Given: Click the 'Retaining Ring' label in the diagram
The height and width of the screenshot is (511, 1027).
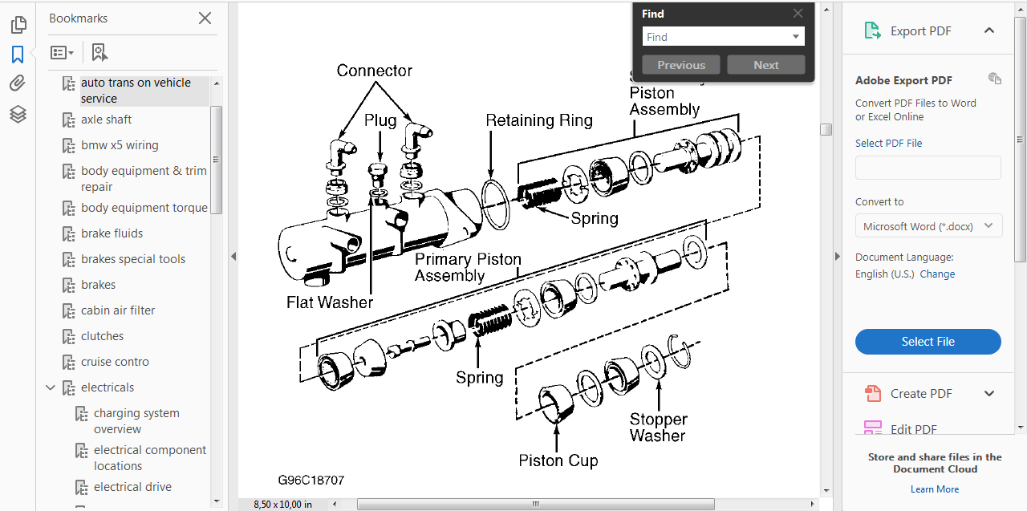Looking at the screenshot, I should (539, 121).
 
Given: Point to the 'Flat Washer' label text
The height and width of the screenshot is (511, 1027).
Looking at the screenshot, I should (330, 302).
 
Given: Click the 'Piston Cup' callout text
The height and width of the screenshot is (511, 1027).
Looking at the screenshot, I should (558, 460).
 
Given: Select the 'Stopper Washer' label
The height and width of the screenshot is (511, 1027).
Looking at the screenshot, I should (658, 428).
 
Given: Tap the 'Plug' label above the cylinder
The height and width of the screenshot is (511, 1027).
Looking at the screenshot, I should (380, 120).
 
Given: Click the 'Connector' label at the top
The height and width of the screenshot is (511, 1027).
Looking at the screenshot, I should (375, 71).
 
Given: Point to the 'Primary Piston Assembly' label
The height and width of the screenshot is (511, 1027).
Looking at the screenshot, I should (468, 268).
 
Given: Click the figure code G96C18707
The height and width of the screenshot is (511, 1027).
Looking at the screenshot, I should (311, 481).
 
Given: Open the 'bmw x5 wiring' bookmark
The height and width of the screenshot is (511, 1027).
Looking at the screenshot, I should (120, 145).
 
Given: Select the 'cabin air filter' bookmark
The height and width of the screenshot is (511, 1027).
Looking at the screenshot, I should (118, 310).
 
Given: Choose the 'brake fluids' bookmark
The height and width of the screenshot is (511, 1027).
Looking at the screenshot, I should (112, 233).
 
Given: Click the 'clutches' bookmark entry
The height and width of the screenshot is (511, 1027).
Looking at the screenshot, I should (102, 336).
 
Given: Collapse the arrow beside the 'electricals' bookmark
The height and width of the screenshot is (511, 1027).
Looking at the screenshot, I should (51, 387).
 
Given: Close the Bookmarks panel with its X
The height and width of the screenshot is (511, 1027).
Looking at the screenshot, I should (205, 18).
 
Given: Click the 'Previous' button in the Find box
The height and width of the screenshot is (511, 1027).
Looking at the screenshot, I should (681, 65).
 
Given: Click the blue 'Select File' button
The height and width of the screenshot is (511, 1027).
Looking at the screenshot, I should (928, 342).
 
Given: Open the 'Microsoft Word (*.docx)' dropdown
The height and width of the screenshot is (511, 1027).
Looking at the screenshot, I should (928, 226).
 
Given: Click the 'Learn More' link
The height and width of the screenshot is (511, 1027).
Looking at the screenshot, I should (935, 489).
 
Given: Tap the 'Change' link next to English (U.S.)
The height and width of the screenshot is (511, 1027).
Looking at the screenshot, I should (937, 274).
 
